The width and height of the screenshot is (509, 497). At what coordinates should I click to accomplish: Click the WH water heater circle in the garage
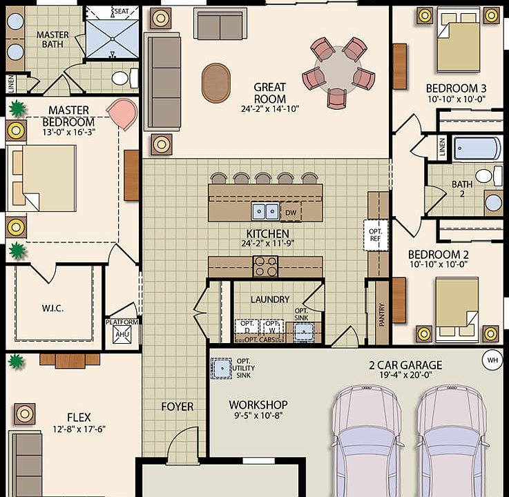pyautogui.click(x=492, y=360)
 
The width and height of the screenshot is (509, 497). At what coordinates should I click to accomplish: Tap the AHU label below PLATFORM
pyautogui.click(x=122, y=335)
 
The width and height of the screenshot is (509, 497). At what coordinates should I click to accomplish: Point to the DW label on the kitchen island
pyautogui.click(x=291, y=212)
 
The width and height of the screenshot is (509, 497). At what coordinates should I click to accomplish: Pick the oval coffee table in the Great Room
pyautogui.click(x=215, y=83)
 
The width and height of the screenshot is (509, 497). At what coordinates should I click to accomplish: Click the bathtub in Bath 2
pyautogui.click(x=477, y=148)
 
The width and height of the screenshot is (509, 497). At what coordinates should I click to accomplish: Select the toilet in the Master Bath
pyautogui.click(x=122, y=77)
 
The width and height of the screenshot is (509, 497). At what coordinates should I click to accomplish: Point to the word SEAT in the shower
pyautogui.click(x=121, y=12)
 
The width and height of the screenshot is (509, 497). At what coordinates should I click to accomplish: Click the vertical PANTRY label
pyautogui.click(x=381, y=313)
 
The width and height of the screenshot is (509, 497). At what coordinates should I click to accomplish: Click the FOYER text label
pyautogui.click(x=177, y=407)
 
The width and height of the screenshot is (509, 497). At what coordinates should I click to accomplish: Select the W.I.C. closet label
pyautogui.click(x=53, y=308)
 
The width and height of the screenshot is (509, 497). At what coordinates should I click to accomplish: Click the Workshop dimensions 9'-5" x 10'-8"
pyautogui.click(x=258, y=416)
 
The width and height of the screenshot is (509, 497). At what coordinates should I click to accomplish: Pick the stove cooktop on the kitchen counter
pyautogui.click(x=265, y=262)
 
